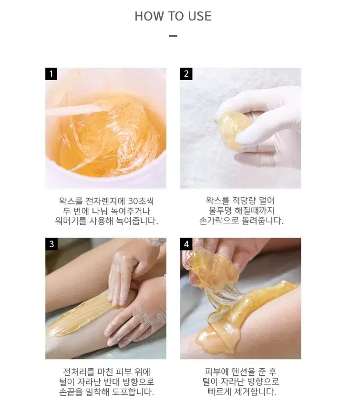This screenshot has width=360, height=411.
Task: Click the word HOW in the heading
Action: tap(149, 16)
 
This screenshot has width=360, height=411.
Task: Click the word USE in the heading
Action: tap(200, 16)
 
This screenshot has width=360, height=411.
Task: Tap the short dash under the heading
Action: tap(173, 36)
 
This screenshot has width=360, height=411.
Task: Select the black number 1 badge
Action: tap(51, 74)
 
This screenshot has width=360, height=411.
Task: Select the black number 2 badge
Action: tap(186, 74)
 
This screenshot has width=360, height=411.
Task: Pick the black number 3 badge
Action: tap(51, 244)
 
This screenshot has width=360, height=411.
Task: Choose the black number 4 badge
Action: tap(186, 244)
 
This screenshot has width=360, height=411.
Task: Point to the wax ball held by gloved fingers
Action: tap(232, 130)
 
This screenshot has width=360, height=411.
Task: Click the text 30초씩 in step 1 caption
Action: tap(141, 201)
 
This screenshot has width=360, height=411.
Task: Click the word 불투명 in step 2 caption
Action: tap(220, 211)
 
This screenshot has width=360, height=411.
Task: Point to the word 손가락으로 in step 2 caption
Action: tap(219, 221)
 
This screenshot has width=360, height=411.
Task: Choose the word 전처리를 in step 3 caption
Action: tap(79, 372)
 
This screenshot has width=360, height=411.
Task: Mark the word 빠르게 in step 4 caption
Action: tap(219, 391)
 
